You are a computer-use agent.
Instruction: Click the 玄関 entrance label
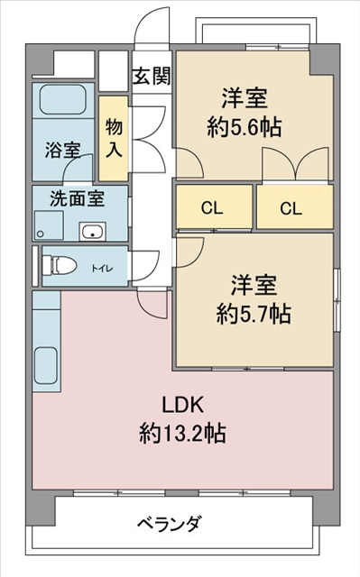coord(152,76)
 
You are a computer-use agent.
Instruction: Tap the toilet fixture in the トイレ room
coord(59,266)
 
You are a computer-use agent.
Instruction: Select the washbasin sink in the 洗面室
coord(92,232)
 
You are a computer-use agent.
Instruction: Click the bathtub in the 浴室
coord(62,99)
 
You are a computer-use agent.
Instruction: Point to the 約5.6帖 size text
coord(245,127)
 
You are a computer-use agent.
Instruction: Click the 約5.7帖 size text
coord(254,314)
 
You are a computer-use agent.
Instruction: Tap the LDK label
coord(183,405)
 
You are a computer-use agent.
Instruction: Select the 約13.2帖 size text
coord(182,433)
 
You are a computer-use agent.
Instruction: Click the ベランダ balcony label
coord(170,523)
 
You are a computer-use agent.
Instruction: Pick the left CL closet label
coord(212,208)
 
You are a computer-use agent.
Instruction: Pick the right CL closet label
coord(291,208)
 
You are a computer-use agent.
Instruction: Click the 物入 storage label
coord(114,138)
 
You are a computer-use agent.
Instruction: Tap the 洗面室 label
coord(78,198)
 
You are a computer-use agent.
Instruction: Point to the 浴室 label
coord(63,151)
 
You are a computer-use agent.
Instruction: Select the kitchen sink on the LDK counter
coord(46,366)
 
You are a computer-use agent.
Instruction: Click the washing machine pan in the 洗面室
coord(49,225)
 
